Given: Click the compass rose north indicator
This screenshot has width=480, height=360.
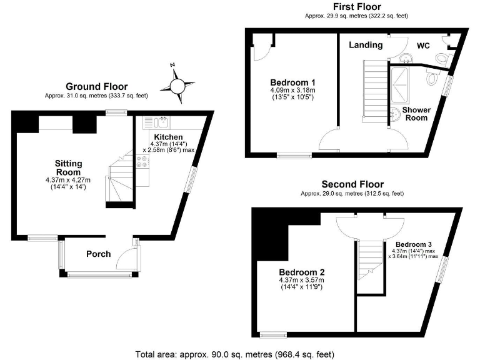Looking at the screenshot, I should pos(174,66).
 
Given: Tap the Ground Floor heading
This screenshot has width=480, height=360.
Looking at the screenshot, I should pos(97,87).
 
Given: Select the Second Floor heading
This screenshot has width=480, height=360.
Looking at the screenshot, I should pos(352,184).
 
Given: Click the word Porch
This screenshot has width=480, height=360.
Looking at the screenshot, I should pos(98,254).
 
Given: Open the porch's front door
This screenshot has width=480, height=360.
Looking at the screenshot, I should pos(129,256).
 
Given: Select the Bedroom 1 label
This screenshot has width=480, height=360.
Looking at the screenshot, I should pos(292,82).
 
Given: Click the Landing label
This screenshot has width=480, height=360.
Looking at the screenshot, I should pos(366,45).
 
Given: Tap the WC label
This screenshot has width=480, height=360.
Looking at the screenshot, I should pos(424,45).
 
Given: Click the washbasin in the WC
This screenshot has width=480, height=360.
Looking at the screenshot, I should pos(406,59).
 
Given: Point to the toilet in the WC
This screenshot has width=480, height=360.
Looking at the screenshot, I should pos(442,57).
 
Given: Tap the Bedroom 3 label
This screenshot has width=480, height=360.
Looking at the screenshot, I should pos(413,244).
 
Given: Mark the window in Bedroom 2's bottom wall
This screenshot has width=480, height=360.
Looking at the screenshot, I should pos(272,333).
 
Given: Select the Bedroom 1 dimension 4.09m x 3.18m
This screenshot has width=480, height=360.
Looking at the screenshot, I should pos(292,91).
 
